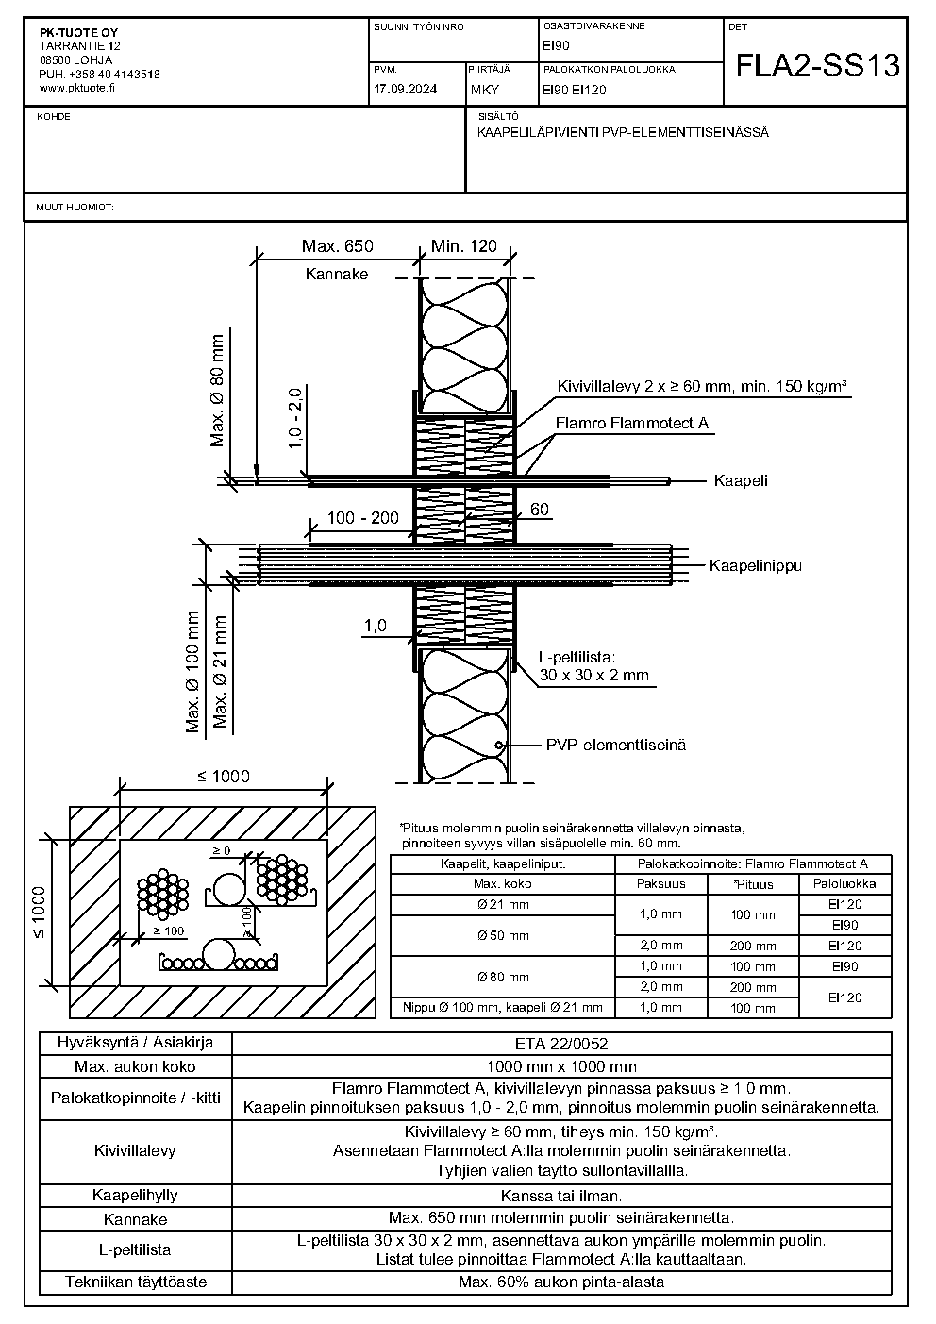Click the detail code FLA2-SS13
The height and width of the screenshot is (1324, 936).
point(818,65)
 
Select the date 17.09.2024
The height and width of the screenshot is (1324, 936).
point(406,90)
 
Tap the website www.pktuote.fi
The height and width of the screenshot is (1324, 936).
point(76,88)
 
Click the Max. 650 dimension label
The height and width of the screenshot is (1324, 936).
point(338,246)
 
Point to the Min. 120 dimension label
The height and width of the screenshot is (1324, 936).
point(464,246)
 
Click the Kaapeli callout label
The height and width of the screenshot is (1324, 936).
point(741,480)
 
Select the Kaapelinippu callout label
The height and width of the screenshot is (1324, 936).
point(755,565)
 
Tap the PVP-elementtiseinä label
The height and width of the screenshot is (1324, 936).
point(616,745)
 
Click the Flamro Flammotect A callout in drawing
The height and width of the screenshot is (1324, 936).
point(631,423)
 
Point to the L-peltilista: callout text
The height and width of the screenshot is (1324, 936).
point(577,657)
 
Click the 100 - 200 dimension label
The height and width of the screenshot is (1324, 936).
point(363,518)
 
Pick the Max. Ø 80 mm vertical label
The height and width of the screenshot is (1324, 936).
point(217,391)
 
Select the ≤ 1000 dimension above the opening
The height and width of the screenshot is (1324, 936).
point(224,776)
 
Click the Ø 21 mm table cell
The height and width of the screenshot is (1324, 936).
point(503,904)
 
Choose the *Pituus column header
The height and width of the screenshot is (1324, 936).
point(753,884)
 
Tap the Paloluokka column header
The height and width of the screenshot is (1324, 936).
point(844,883)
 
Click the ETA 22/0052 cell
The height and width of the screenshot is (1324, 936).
point(561,1044)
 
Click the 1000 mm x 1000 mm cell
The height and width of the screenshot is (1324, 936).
point(561,1067)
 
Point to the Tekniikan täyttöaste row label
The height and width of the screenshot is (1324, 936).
point(135,1282)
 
